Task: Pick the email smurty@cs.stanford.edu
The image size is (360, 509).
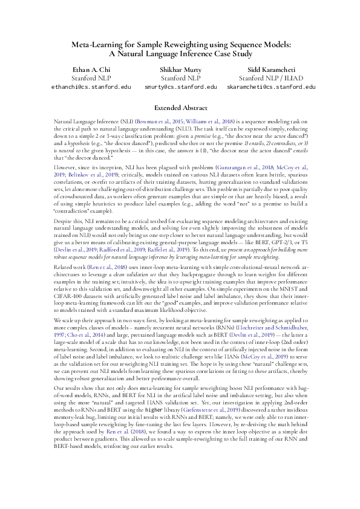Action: (x=181, y=87)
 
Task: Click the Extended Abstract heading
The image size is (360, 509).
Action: (x=180, y=108)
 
